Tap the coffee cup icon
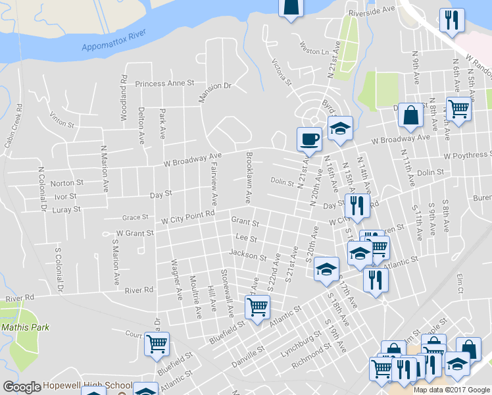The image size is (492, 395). [309, 140]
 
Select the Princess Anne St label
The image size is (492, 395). [165, 84]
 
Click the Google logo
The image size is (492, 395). [22, 387]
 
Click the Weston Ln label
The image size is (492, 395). [314, 51]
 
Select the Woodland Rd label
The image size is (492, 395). [124, 97]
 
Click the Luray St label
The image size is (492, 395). [68, 209]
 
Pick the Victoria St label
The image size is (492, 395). [282, 72]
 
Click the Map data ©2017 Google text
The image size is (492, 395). [451, 389]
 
